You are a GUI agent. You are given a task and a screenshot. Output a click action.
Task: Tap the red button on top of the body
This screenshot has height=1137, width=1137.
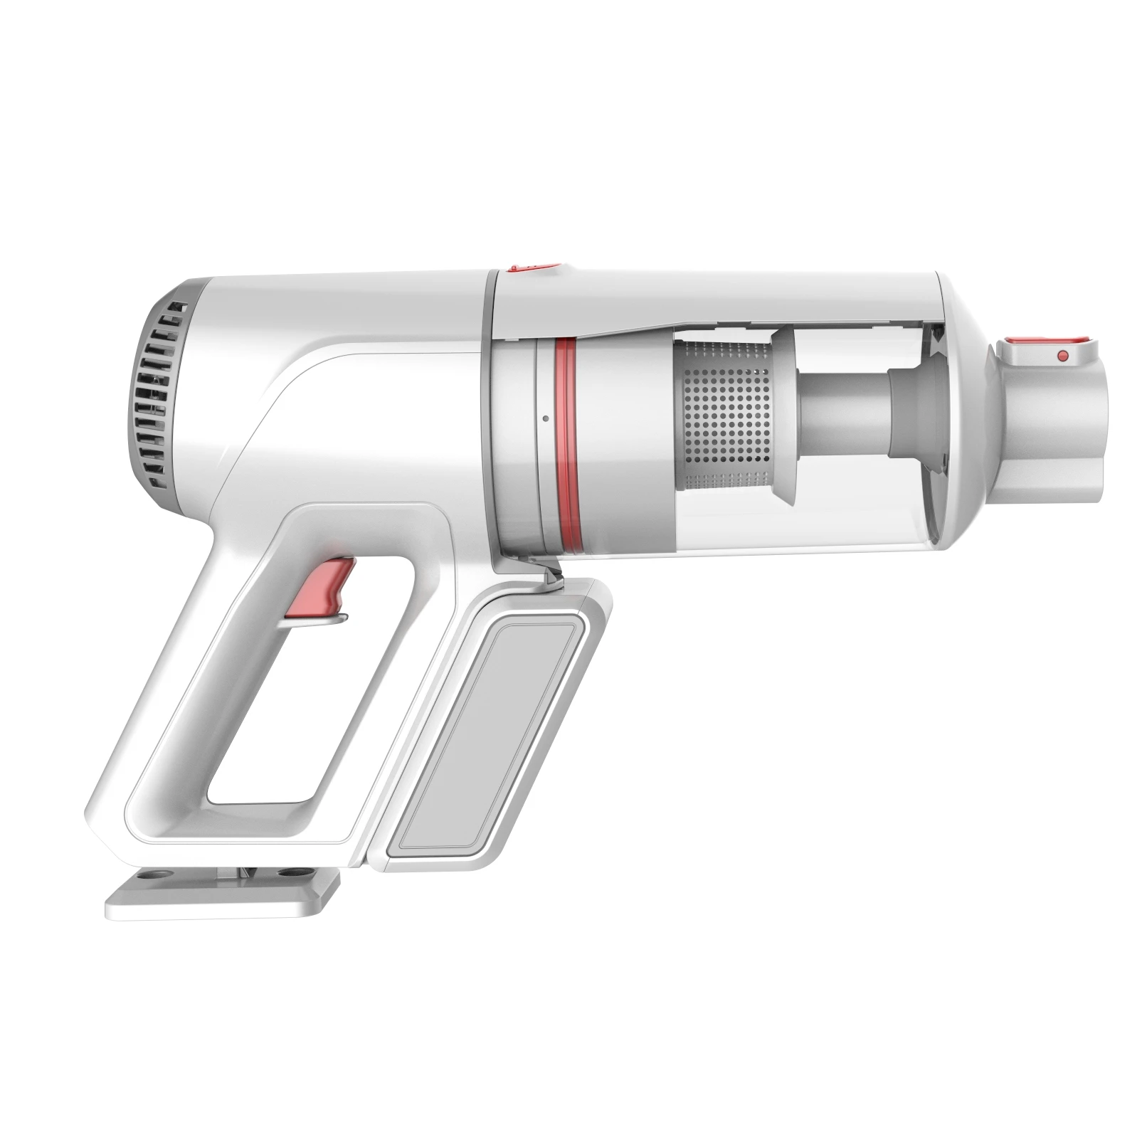pos(532,268)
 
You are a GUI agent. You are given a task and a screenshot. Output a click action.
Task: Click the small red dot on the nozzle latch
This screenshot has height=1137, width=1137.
pos(1062,354)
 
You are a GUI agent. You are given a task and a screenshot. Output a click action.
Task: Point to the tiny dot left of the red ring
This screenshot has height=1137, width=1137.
pos(544,418)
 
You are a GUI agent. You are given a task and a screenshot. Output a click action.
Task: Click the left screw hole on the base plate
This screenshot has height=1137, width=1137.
pos(151,871)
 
